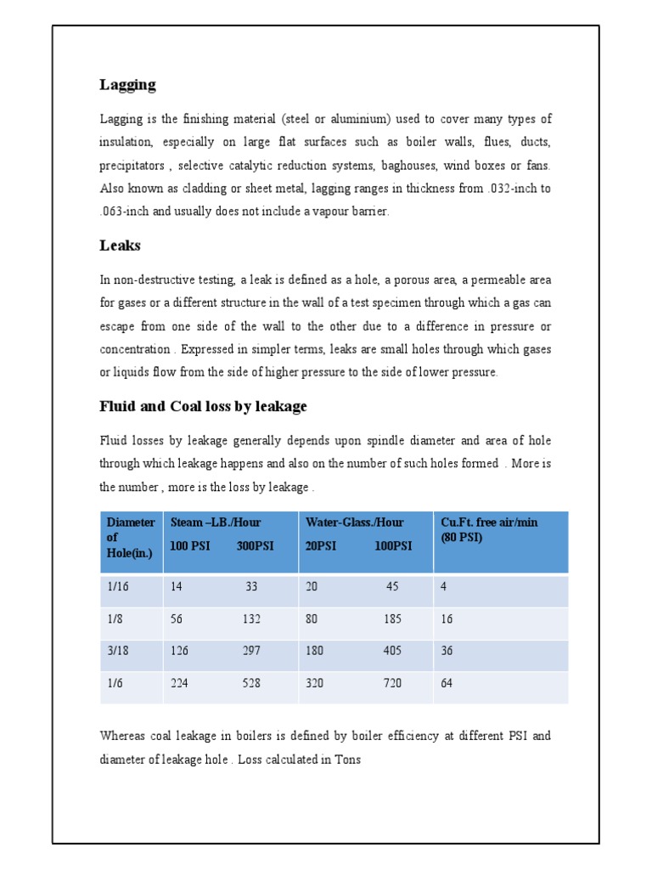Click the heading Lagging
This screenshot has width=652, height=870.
point(127,85)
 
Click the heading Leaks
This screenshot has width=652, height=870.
point(120,246)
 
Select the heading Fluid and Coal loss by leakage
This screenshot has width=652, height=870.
point(203,407)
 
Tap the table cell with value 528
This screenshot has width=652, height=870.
point(251,682)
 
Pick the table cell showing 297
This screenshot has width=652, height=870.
point(251,651)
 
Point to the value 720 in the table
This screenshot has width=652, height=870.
point(392,682)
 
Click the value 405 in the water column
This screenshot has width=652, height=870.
point(392,651)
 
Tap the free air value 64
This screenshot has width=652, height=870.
point(447,682)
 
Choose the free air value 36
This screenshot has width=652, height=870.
point(447,651)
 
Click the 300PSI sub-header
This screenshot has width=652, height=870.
point(255,545)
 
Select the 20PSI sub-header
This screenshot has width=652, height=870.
point(321,545)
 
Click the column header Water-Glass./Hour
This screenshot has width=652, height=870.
point(354,523)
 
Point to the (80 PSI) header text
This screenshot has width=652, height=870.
point(461,538)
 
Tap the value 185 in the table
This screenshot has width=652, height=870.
point(392,619)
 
